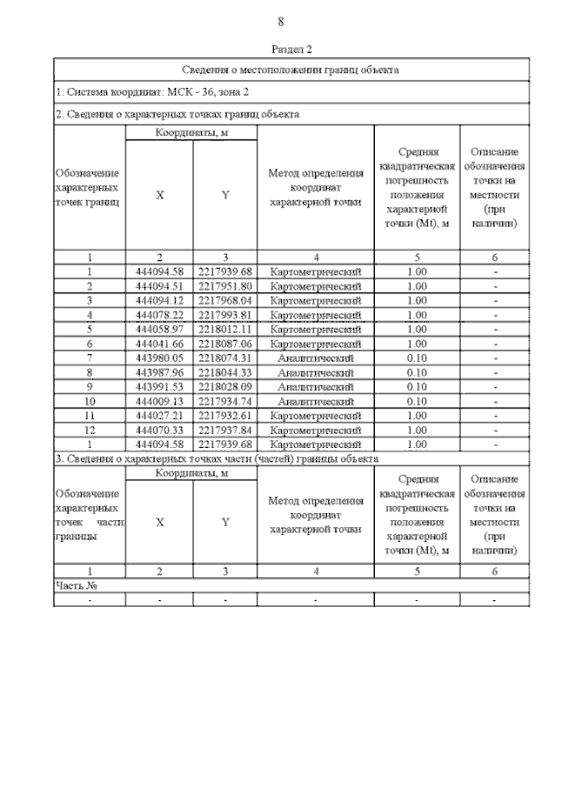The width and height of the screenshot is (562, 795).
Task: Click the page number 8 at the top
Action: (280, 22)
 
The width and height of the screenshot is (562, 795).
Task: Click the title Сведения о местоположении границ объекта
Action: (291, 69)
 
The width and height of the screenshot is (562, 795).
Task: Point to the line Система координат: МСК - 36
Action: (153, 91)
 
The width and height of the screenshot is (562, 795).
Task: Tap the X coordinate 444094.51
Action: (159, 286)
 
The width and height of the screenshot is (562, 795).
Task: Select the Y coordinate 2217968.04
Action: (225, 300)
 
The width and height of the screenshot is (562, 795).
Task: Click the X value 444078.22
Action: (159, 315)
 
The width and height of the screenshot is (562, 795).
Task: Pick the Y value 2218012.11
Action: (225, 329)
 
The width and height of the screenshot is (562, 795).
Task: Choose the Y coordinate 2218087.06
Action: (225, 343)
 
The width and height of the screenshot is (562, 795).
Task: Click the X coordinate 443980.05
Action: (159, 358)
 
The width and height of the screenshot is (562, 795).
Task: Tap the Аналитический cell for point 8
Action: (315, 372)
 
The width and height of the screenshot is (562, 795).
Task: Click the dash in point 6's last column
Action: (495, 343)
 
